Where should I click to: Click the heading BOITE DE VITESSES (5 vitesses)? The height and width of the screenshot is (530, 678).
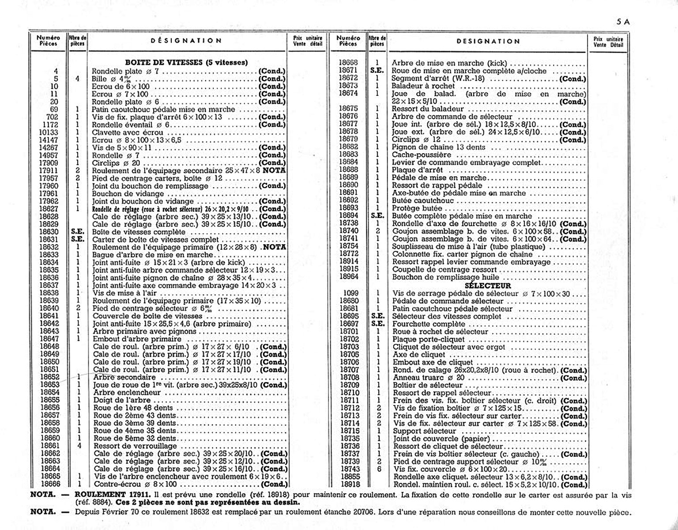[x=186, y=62]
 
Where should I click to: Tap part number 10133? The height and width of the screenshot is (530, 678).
[x=48, y=132]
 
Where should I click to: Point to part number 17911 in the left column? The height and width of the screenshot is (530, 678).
[x=48, y=170]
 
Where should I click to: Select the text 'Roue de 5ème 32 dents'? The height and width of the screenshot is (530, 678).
[x=135, y=439]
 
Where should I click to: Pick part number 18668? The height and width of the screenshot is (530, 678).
[x=348, y=63]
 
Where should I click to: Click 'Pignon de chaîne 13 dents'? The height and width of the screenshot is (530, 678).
[x=439, y=147]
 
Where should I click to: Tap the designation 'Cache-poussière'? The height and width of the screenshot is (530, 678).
[x=422, y=155]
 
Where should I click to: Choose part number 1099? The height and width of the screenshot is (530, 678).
[x=351, y=293]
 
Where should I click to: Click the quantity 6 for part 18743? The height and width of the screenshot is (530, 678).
[x=378, y=469]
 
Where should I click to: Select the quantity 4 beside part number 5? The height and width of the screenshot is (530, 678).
[x=77, y=79]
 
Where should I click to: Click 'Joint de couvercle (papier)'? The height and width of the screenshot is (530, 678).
[x=441, y=439]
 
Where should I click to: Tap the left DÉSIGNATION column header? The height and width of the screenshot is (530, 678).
[x=186, y=41]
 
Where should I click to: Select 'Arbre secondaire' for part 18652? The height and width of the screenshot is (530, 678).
[x=124, y=377]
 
